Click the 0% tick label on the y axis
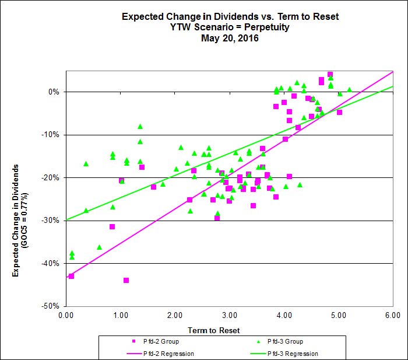coord(55,92)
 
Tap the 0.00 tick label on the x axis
coord(66,316)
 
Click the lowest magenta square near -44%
coord(126,280)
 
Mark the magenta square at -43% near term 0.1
coord(71,276)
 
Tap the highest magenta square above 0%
coord(330,75)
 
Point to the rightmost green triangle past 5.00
coord(349,90)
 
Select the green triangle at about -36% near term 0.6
coord(99,247)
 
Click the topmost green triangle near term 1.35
coord(140,127)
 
